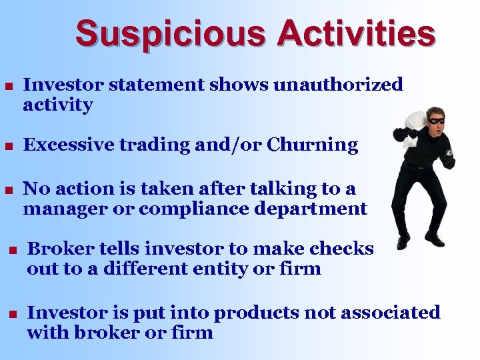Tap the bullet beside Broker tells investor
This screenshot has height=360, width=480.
(11, 250)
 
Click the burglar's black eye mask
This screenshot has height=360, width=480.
(436, 121)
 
